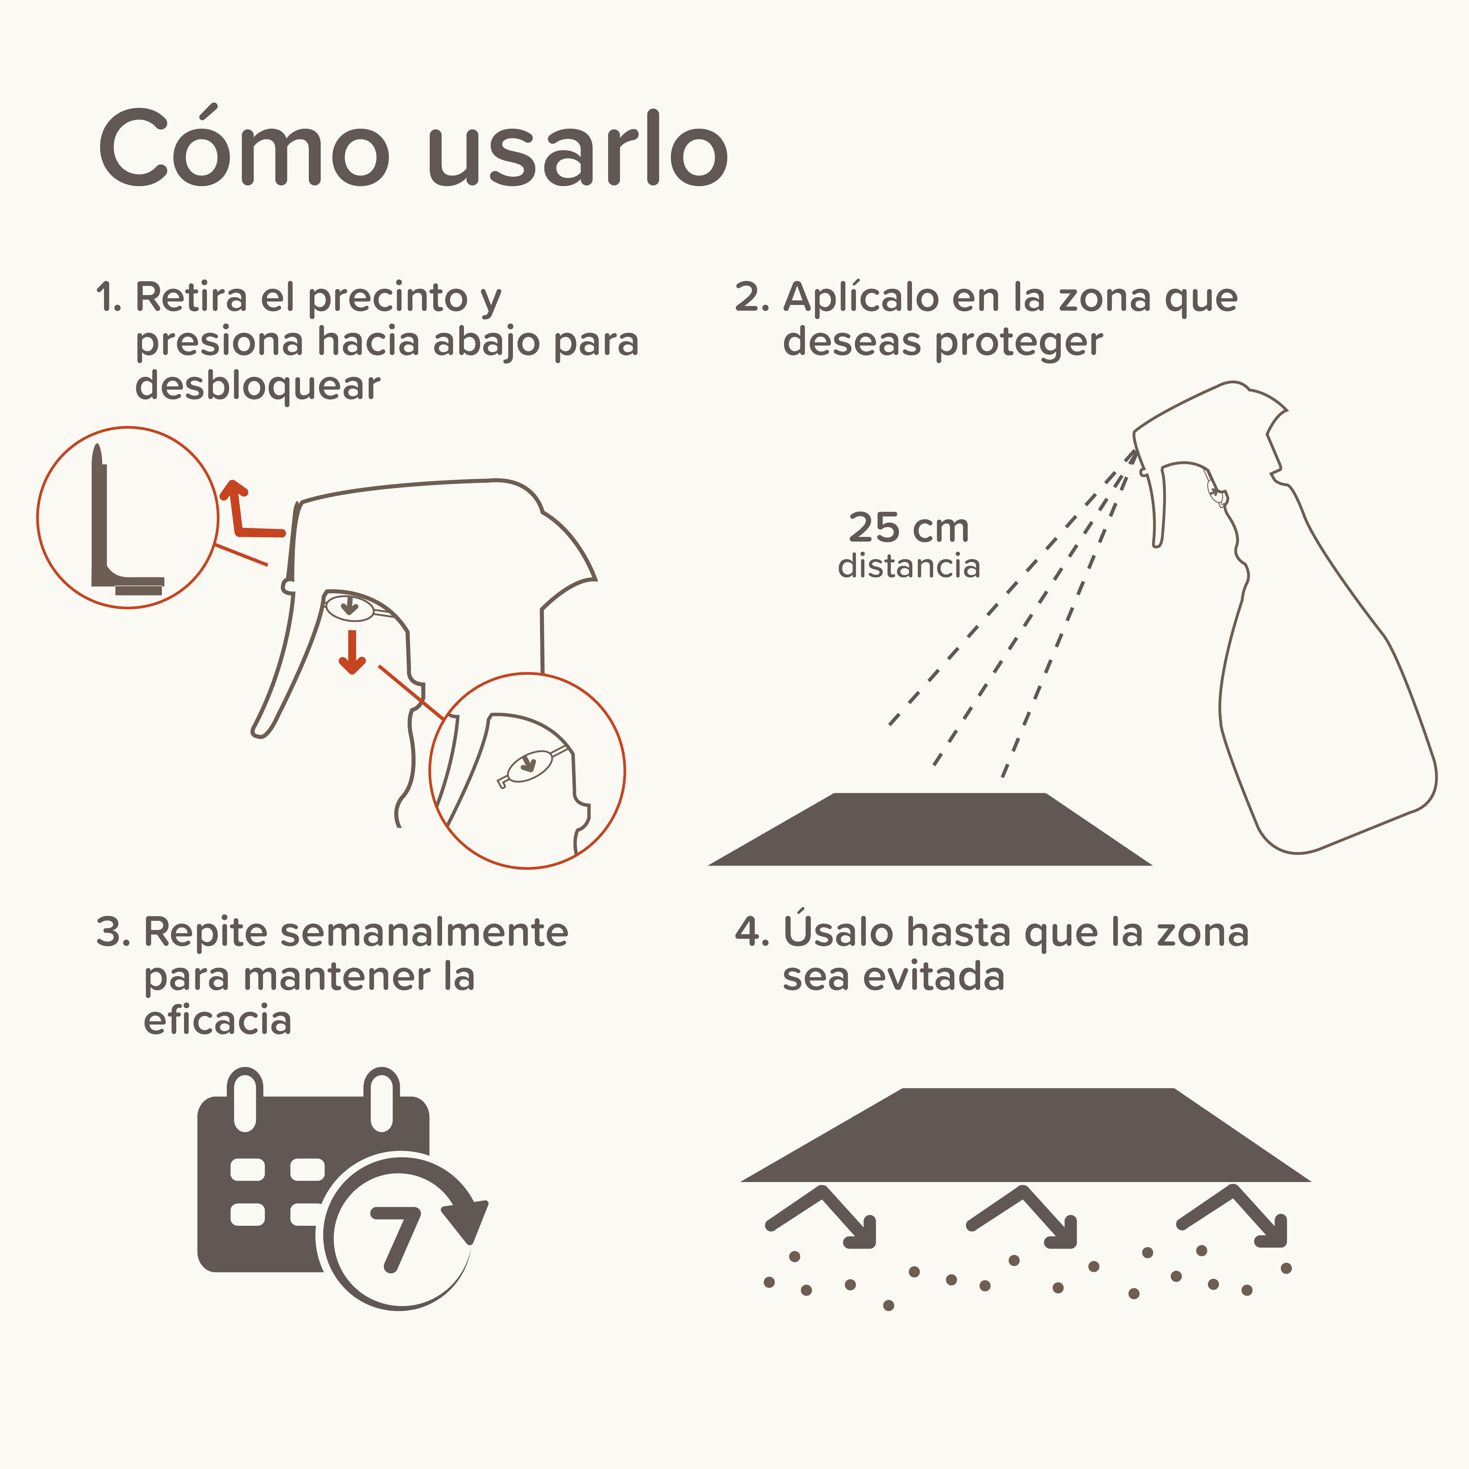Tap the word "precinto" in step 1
(x=388, y=297)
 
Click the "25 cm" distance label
(x=908, y=528)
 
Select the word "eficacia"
(x=218, y=1020)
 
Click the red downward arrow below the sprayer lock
(x=351, y=653)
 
